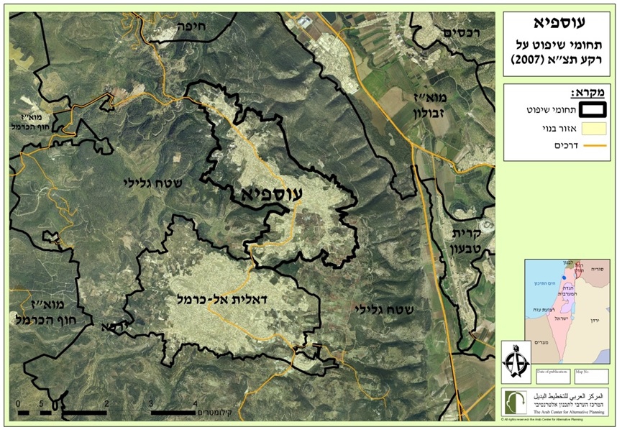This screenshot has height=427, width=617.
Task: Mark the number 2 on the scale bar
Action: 106,403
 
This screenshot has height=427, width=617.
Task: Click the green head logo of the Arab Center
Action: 516,400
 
